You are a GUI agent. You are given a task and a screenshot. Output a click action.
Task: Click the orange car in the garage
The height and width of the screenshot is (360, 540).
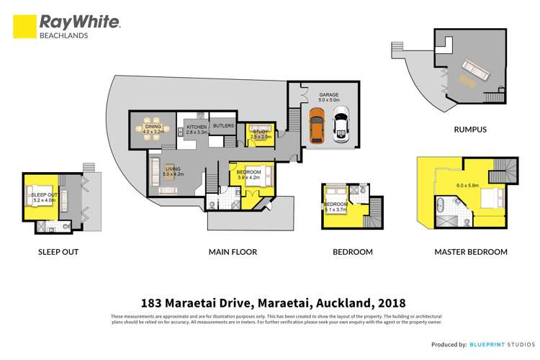pos(316,125)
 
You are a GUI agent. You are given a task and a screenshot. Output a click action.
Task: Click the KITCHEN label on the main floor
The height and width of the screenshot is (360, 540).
pos(197,127)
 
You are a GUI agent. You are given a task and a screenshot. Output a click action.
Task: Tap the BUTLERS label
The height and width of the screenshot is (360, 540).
pos(222,125)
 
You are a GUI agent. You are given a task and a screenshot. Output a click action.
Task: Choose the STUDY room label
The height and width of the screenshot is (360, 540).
pos(260,131)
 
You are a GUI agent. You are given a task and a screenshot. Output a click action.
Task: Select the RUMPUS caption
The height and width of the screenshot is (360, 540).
pos(470,130)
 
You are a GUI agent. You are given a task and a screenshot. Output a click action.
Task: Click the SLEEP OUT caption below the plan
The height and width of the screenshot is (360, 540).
pos(58,252)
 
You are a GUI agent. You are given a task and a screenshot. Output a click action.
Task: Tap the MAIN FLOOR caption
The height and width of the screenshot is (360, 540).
pos(233,252)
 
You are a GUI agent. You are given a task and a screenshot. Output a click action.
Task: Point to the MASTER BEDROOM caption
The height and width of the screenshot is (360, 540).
pos(471,252)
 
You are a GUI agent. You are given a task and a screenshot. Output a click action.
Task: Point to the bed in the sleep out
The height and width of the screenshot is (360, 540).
pos(40,194)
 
